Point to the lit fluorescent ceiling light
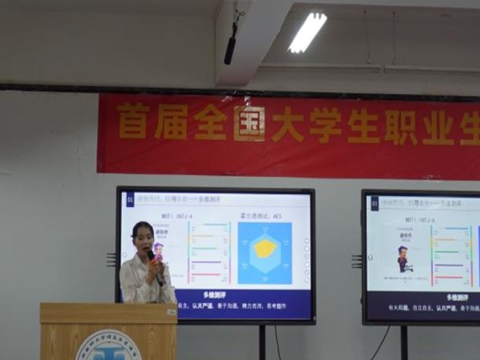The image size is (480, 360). (x=307, y=32)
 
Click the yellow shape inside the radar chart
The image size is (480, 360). (x=264, y=248)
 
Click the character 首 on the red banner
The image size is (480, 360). (x=133, y=122)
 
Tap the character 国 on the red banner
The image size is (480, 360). (x=249, y=123)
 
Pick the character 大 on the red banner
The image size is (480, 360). (x=287, y=124)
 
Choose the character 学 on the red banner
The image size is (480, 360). (x=325, y=125)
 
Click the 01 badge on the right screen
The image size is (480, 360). (x=374, y=203)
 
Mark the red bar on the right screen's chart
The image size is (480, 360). (x=449, y=278)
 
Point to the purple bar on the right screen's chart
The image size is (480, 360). (x=449, y=265)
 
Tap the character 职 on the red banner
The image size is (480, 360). (x=401, y=127)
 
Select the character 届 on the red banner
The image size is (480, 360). (x=171, y=122)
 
